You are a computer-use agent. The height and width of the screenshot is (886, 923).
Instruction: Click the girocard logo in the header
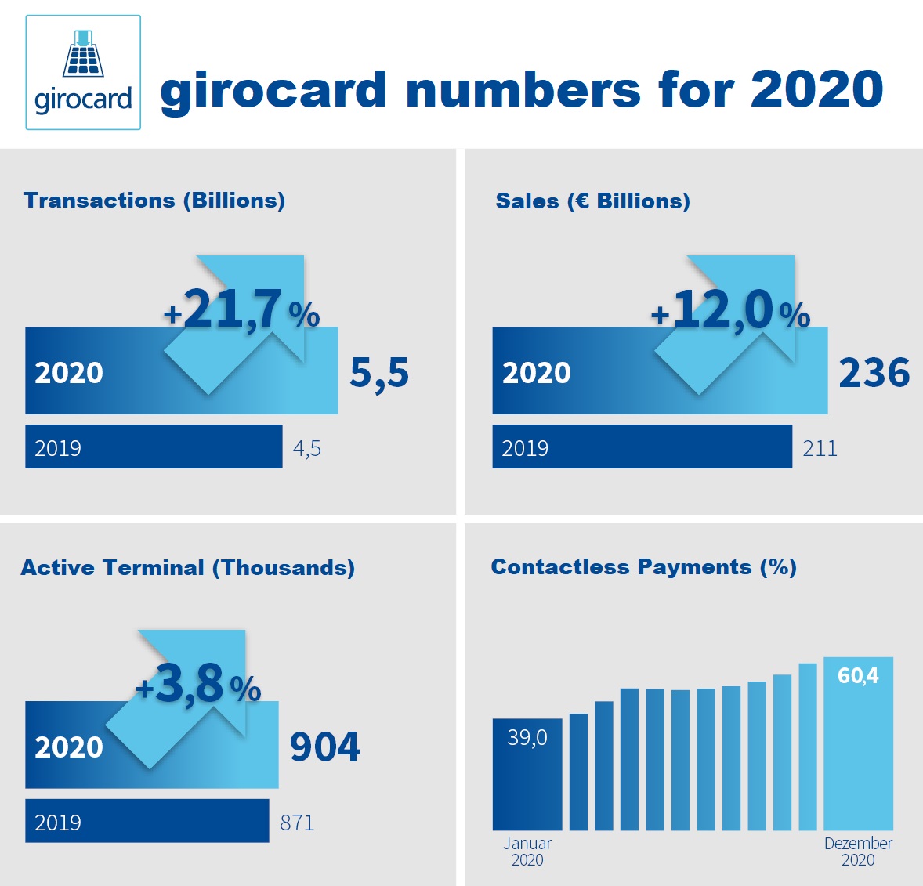83,72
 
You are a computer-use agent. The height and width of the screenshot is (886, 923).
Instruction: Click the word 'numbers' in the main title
523,89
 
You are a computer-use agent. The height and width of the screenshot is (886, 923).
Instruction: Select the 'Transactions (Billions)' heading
154,201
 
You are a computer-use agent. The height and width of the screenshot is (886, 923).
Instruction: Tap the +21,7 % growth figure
241,309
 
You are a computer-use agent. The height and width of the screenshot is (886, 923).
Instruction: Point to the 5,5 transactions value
379,372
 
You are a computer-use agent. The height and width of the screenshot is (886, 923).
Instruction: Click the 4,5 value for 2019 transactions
307,449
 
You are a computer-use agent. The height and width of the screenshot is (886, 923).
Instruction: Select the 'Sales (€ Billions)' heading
592,201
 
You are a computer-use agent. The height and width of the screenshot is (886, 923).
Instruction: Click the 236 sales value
874,373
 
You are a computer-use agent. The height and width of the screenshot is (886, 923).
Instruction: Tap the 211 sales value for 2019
820,449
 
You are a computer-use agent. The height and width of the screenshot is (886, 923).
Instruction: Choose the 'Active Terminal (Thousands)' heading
188,567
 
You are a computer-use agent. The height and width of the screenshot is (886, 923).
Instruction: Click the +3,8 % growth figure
198,684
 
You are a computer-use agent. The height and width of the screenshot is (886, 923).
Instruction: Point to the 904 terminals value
325,747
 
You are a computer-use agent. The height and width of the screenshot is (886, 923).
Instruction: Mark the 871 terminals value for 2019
297,823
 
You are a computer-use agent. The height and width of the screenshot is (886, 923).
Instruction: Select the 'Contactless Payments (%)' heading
643,567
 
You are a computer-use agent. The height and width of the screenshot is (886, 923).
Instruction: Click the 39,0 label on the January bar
527,737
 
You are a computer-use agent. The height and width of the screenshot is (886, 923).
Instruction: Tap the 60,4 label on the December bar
858,675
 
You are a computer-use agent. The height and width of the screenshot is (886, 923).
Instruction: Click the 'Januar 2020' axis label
527,852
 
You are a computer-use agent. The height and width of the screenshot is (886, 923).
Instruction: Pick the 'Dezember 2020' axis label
858,852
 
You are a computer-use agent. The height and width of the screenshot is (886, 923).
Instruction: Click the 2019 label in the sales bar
525,448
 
